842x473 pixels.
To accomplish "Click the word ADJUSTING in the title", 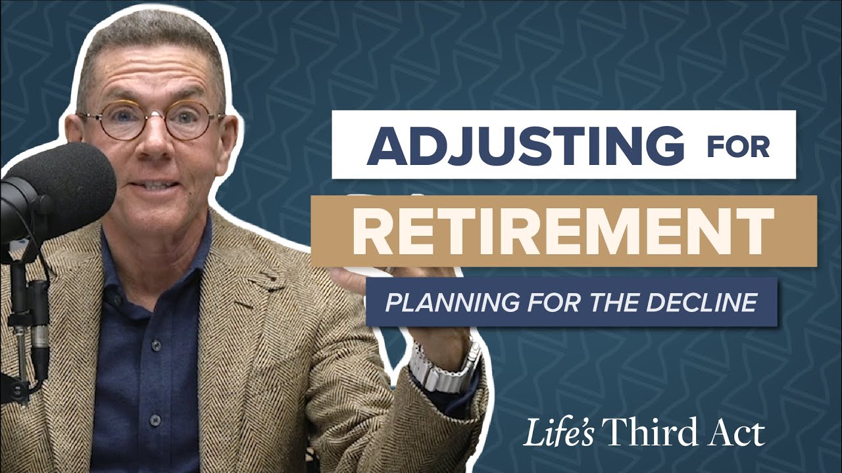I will coord(525,145).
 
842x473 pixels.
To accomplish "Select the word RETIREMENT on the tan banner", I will coord(563,231).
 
